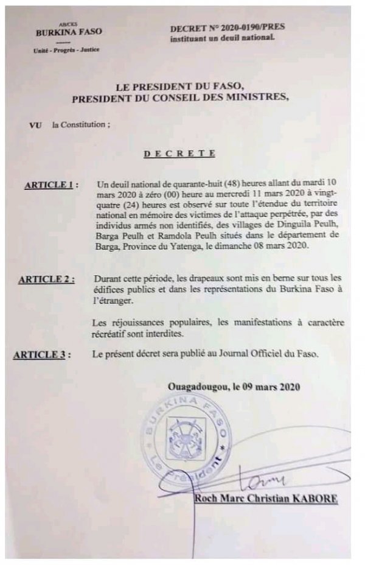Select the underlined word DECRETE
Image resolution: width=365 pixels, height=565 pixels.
[x=179, y=153]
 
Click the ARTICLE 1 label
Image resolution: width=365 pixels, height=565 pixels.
[x=51, y=186]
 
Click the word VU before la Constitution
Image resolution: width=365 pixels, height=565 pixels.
[x=35, y=125]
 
